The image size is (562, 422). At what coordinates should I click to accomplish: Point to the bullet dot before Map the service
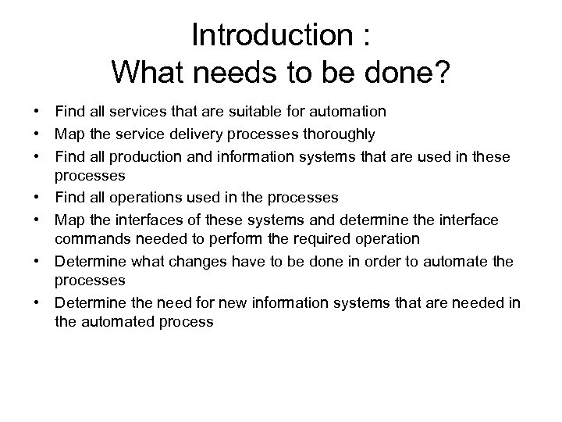(x=37, y=134)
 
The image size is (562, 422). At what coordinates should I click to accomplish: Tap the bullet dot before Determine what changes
(x=37, y=261)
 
